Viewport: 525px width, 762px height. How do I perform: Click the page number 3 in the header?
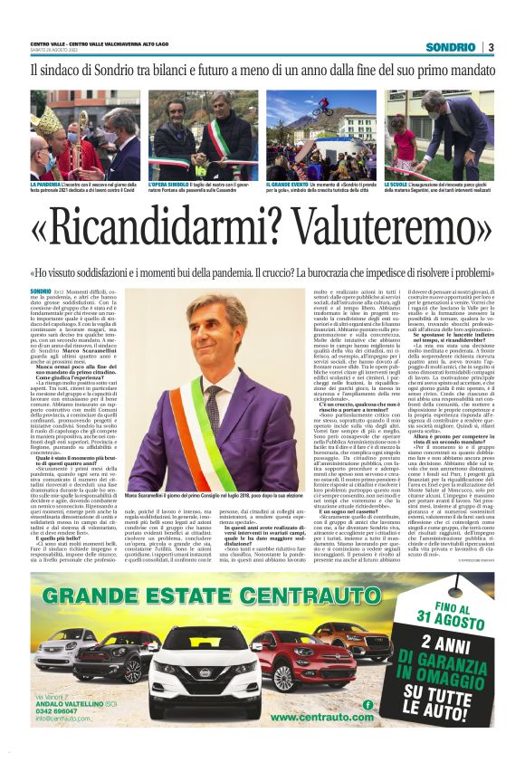[x=490, y=47]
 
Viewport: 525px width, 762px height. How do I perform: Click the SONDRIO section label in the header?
[x=449, y=47]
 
